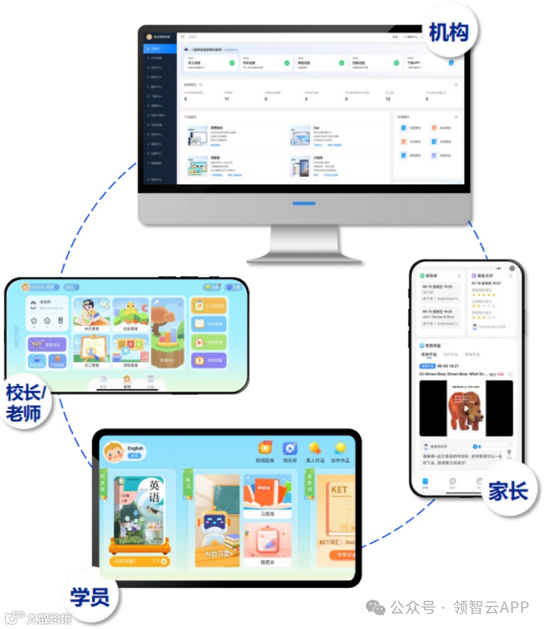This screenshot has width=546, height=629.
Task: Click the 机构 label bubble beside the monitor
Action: tap(449, 32)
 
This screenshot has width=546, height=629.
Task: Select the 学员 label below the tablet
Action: tap(90, 595)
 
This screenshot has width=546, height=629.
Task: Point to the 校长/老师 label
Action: tap(29, 403)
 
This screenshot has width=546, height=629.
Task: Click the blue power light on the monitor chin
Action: tap(304, 203)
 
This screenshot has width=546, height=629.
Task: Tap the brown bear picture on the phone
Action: tap(466, 409)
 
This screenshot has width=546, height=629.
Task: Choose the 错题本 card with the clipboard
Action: tap(267, 543)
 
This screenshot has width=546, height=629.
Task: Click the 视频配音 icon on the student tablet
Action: tap(265, 449)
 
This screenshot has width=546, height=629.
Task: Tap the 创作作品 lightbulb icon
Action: tap(340, 449)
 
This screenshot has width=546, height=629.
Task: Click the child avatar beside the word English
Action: tap(114, 451)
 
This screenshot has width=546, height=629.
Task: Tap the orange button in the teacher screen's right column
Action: tap(208, 360)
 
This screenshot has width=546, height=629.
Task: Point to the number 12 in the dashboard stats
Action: tap(388, 99)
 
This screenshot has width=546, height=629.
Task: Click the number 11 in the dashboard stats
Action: tap(227, 99)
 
